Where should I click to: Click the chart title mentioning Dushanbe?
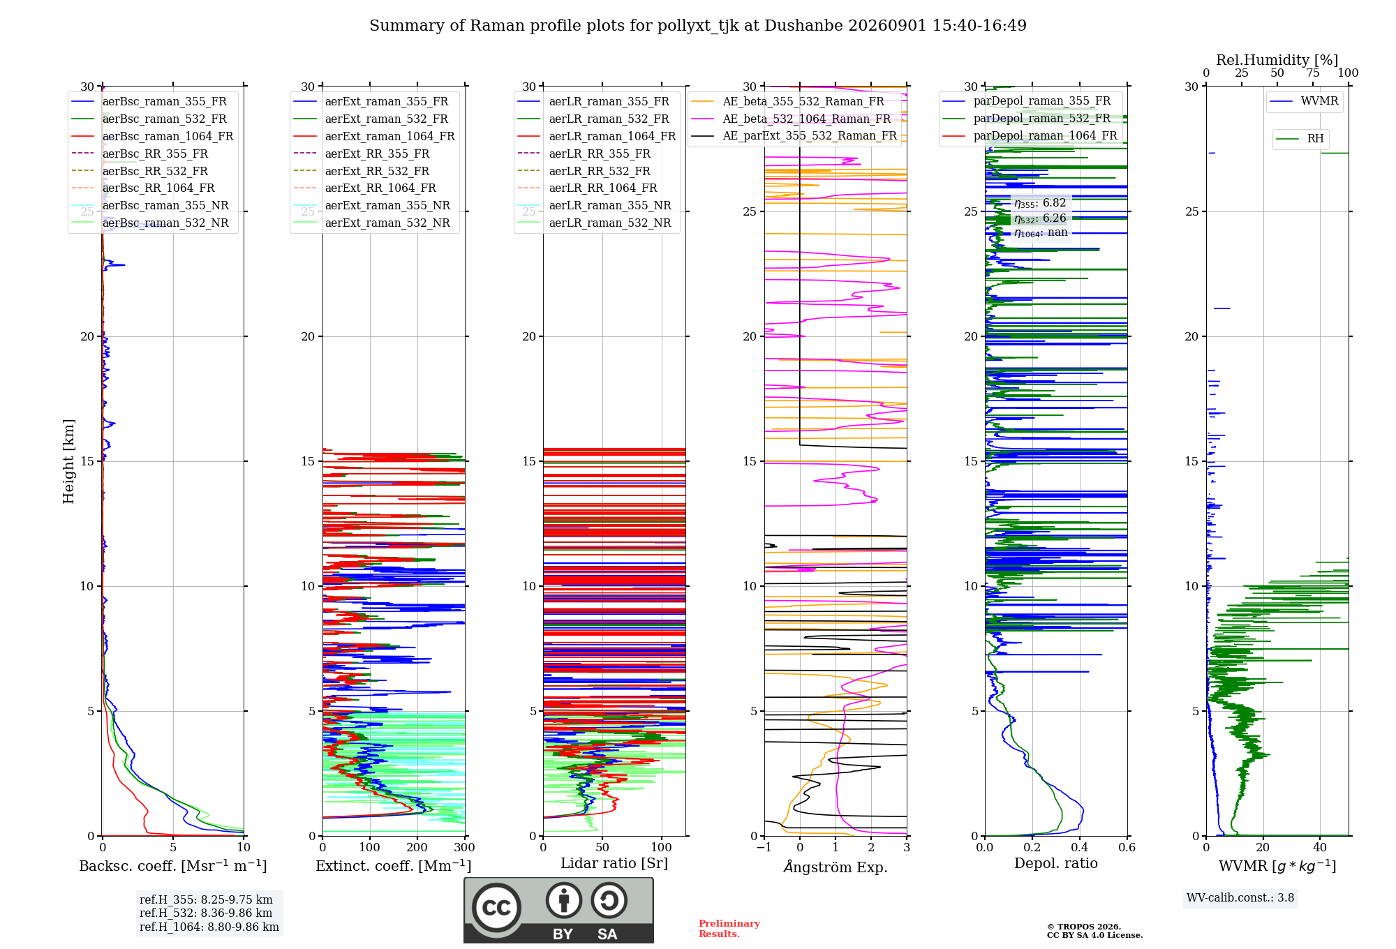click(698, 26)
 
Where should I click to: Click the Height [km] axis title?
click(68, 461)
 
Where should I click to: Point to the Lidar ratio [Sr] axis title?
click(614, 863)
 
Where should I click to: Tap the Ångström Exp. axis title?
click(836, 867)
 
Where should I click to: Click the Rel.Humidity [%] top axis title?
click(1277, 60)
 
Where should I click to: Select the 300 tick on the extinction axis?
click(465, 847)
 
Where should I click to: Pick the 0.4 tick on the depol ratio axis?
click(1080, 847)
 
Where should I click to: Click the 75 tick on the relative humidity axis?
click(1313, 73)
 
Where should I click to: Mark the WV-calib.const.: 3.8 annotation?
click(1240, 897)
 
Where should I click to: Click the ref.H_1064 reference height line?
click(209, 927)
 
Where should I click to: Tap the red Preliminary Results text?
click(729, 929)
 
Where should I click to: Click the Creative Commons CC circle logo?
click(496, 908)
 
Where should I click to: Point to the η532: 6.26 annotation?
click(1040, 218)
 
